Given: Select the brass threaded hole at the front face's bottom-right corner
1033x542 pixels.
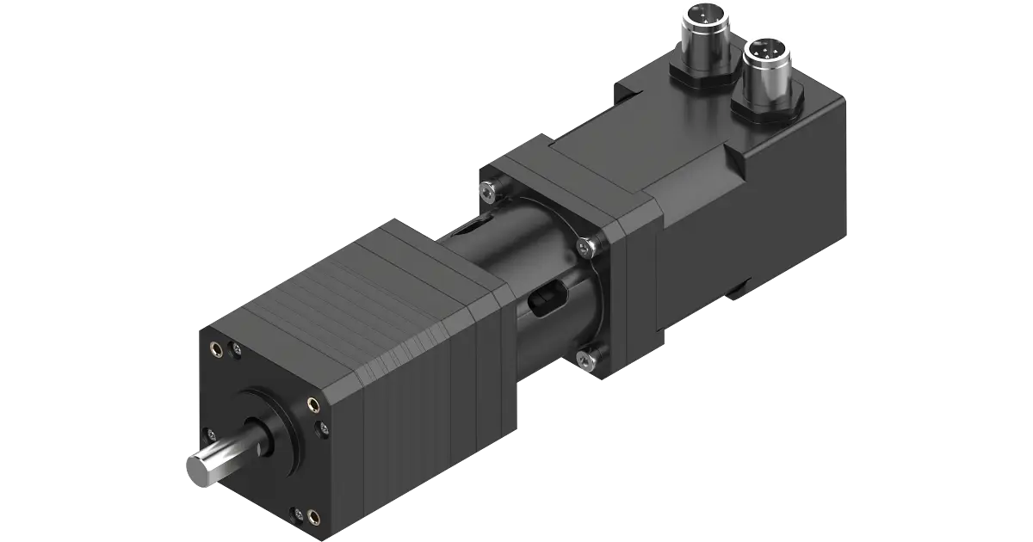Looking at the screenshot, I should click(x=313, y=517).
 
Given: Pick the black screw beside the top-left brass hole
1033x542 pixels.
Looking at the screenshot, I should click(x=235, y=348).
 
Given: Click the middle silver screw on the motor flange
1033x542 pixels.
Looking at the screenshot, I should click(x=587, y=248).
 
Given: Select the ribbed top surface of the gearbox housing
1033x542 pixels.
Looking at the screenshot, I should click(x=362, y=284).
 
